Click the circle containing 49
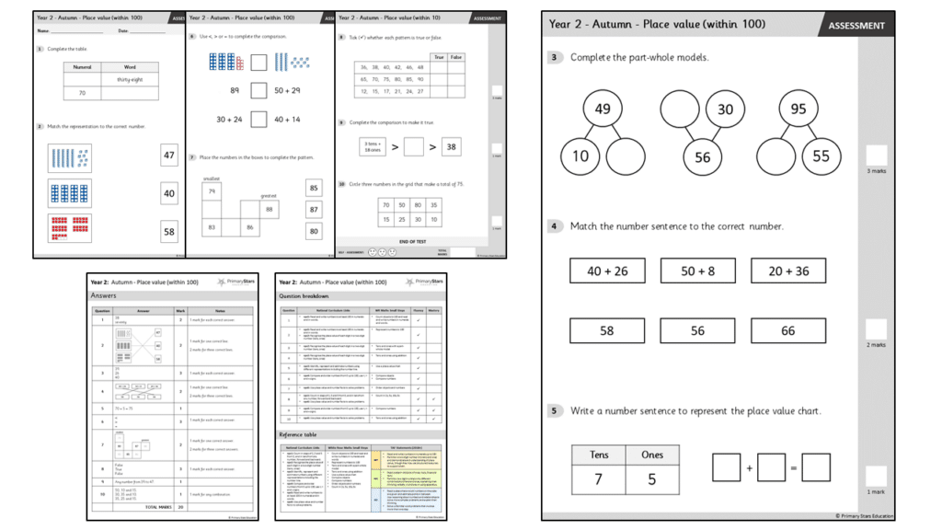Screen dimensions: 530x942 point(603,109)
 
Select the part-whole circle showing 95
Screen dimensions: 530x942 point(798,109)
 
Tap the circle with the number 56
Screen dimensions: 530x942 point(702,157)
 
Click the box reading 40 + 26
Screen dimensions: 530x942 point(607,271)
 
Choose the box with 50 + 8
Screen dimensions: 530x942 point(697,271)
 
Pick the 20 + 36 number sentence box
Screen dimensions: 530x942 point(787,271)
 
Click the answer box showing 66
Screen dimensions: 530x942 point(787,330)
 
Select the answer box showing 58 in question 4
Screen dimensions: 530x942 point(607,330)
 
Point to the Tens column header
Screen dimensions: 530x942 point(599,455)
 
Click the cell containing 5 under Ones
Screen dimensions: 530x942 point(652,478)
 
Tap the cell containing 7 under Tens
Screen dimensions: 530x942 point(599,478)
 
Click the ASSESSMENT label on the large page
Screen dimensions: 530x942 point(856,26)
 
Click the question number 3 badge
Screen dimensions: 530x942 point(554,57)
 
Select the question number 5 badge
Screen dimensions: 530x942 point(554,411)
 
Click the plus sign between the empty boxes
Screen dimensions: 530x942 point(749,468)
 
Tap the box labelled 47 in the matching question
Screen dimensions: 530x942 point(168,156)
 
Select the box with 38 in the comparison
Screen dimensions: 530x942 point(451,146)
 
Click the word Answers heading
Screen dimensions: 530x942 point(103,295)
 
